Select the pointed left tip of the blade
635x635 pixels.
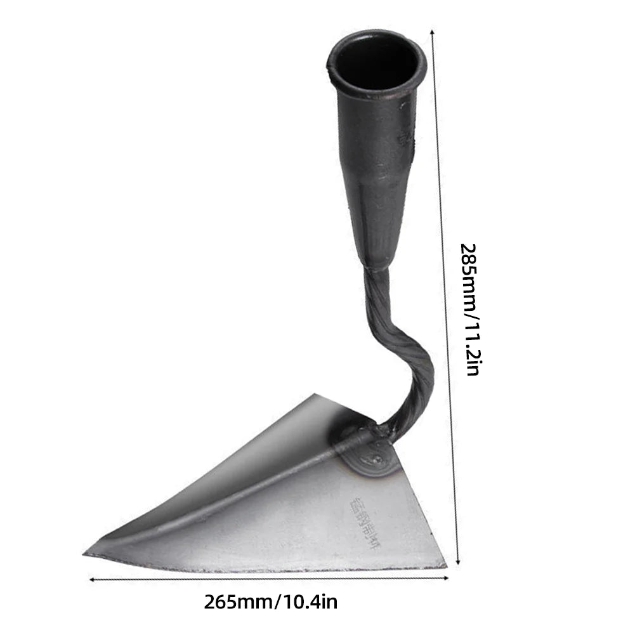(x=88, y=554)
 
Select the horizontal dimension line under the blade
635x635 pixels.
(x=270, y=578)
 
